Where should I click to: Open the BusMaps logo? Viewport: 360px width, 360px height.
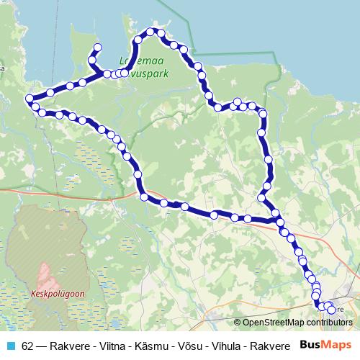coord(325,346)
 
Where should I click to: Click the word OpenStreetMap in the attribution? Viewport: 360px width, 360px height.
coord(275,323)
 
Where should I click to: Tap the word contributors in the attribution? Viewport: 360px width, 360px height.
coord(330,323)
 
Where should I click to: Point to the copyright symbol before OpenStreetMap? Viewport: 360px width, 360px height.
coord(238,323)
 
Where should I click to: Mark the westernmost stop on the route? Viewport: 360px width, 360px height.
coord(29,99)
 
